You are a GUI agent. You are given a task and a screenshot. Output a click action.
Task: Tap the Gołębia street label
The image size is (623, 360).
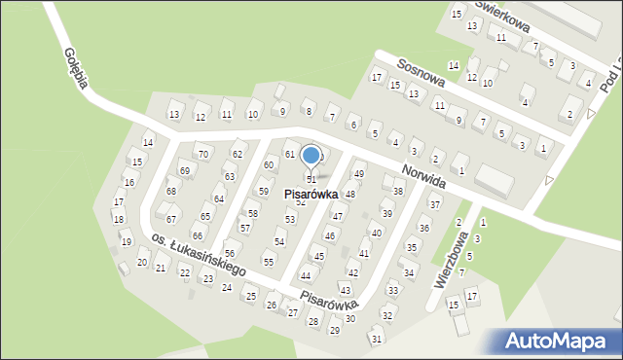point(76,68)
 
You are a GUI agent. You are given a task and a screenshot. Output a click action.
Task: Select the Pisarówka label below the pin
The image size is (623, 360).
point(311,195)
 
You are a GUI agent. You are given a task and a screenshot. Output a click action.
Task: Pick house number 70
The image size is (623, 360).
point(202,155)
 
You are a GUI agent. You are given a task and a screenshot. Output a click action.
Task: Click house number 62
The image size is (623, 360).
point(237,155)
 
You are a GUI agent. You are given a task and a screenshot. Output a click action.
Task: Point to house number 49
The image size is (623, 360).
point(358,174)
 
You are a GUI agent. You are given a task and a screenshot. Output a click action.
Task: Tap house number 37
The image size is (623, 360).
point(435,205)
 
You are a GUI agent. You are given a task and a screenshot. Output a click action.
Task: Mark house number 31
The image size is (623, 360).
point(376,339)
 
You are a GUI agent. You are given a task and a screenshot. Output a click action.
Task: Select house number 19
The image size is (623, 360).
point(126,241)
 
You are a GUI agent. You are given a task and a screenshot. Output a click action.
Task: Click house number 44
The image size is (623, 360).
point(306,276)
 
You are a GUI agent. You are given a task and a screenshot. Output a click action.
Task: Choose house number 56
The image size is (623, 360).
point(230,253)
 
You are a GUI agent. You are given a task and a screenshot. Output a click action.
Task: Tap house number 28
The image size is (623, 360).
point(312,321)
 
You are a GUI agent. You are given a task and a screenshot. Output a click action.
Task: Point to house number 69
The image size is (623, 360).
point(184,171)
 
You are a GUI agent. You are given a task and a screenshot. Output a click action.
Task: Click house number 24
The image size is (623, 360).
point(227,287)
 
